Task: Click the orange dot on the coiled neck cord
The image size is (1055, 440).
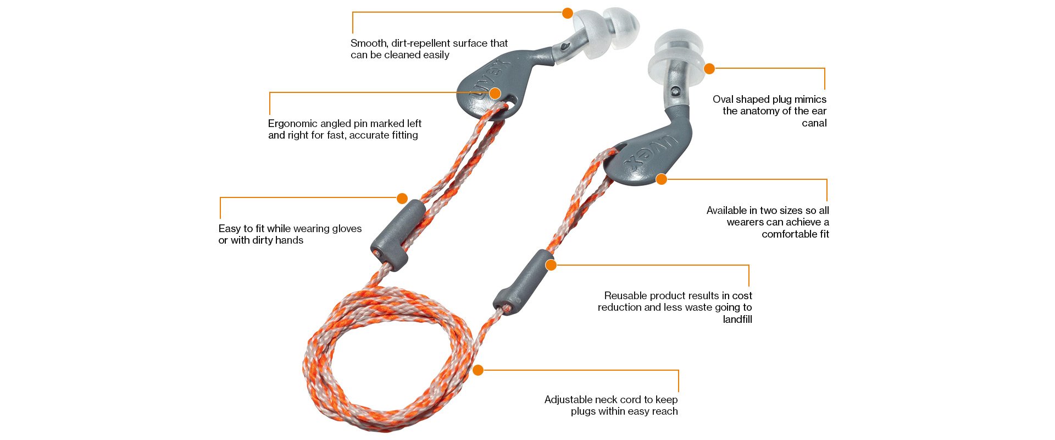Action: pyautogui.click(x=478, y=370)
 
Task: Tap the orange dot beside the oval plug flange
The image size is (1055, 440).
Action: pyautogui.click(x=709, y=69)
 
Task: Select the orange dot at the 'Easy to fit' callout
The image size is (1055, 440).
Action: pyautogui.click(x=402, y=198)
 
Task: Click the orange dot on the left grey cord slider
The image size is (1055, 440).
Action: pyautogui.click(x=402, y=198)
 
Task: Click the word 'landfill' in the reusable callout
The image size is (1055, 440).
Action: pyautogui.click(x=737, y=320)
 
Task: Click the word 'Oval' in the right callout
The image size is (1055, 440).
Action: pyautogui.click(x=723, y=100)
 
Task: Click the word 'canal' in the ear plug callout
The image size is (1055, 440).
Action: pyautogui.click(x=814, y=123)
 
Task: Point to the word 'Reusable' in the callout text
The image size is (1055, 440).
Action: pyautogui.click(x=625, y=296)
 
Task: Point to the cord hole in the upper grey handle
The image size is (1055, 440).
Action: pyautogui.click(x=510, y=105)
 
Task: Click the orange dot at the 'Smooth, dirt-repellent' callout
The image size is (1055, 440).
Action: pyautogui.click(x=568, y=13)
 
